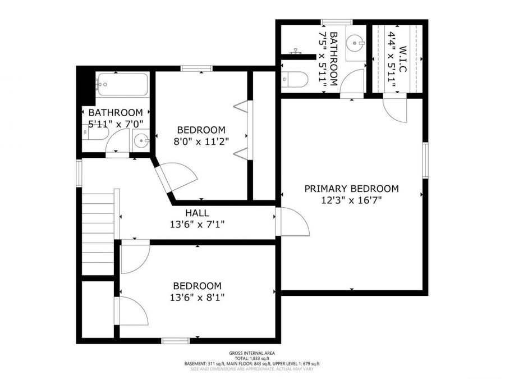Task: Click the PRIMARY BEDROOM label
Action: click(351, 189)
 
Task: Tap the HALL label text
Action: click(197, 213)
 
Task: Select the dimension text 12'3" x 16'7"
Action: click(351, 200)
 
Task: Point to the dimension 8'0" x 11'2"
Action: click(201, 140)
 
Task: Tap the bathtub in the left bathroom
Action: click(122, 85)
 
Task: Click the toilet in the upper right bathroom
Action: click(294, 79)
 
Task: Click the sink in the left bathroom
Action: click(141, 140)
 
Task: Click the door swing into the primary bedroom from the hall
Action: click(293, 222)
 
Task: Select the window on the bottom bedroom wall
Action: click(176, 340)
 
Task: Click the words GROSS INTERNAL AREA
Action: click(252, 353)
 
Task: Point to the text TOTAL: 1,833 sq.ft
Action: click(252, 358)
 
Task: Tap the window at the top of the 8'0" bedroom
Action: click(196, 69)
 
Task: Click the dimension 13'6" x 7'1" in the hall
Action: click(197, 225)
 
